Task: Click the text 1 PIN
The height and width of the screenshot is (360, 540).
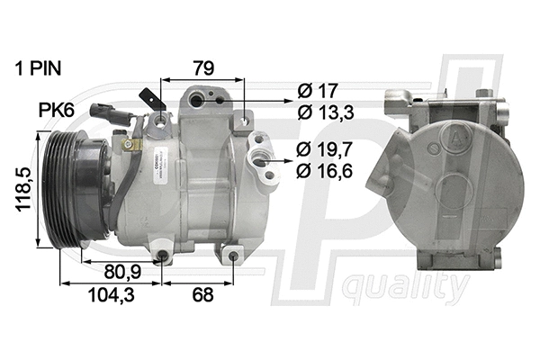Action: pyautogui.click(x=42, y=67)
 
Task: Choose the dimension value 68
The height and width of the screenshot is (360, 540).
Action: pyautogui.click(x=203, y=294)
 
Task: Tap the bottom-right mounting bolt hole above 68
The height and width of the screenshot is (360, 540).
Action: pyautogui.click(x=232, y=258)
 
